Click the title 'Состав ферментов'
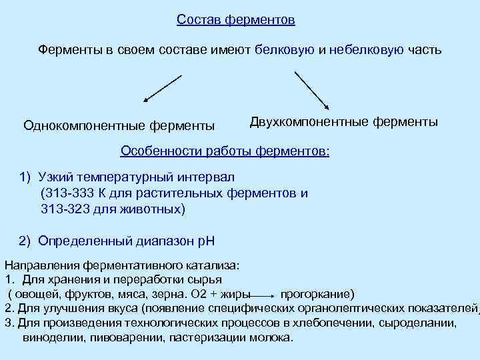tap(236, 20)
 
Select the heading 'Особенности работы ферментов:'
tap(225, 151)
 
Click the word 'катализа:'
tap(202, 265)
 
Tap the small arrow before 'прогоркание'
tap(265, 294)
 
